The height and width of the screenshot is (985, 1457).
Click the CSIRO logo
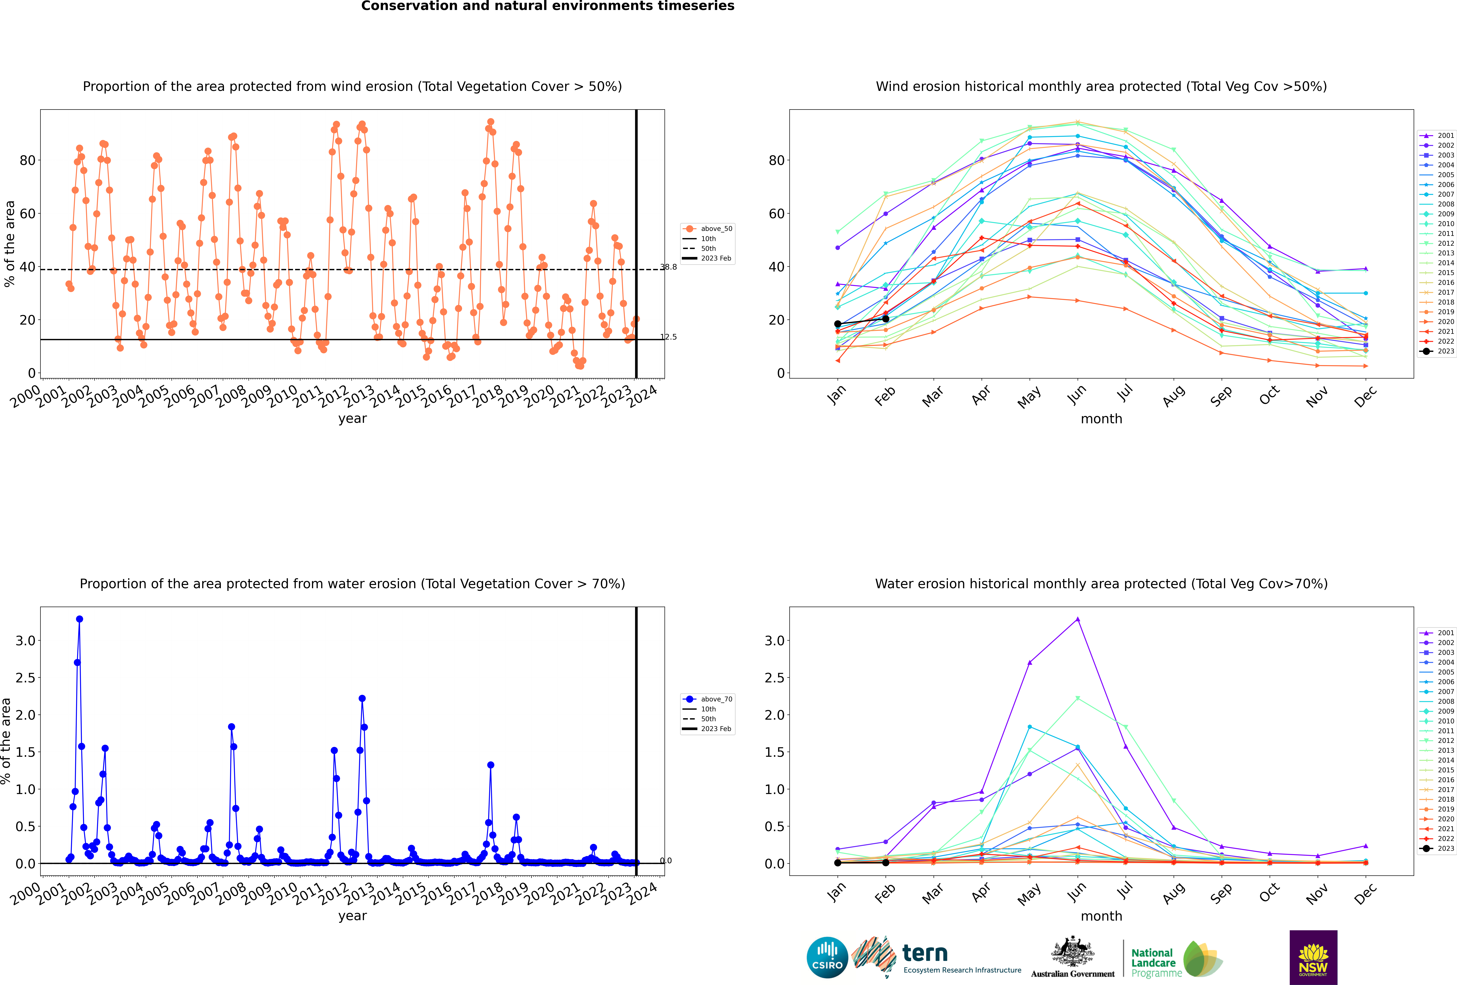click(x=827, y=957)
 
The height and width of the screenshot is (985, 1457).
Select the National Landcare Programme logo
click(x=1176, y=959)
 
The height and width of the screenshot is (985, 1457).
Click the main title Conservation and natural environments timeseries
click(x=547, y=6)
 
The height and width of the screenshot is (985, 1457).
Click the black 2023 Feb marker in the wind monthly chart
click(x=885, y=319)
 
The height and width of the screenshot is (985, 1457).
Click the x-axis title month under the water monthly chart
click(x=1101, y=916)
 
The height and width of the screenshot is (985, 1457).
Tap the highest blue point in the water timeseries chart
click(x=80, y=619)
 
